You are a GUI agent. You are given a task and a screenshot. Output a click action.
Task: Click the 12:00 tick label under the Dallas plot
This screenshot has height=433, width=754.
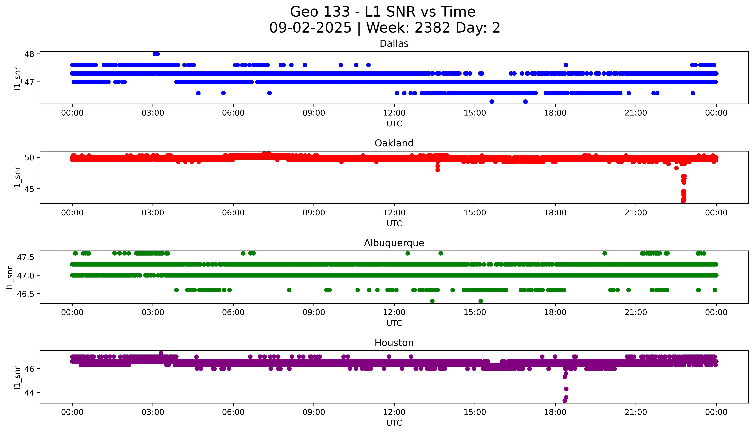click(394, 113)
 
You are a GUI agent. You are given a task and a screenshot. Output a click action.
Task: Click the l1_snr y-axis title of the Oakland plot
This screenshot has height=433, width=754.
click(17, 178)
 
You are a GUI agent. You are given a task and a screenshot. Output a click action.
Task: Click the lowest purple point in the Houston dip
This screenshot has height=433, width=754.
click(564, 401)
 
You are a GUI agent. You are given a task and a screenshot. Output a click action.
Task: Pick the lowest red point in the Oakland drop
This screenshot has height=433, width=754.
click(683, 201)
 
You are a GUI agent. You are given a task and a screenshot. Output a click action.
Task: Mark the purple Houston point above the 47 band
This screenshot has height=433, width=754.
click(161, 353)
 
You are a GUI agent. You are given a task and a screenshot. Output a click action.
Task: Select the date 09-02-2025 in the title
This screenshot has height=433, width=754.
click(310, 28)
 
